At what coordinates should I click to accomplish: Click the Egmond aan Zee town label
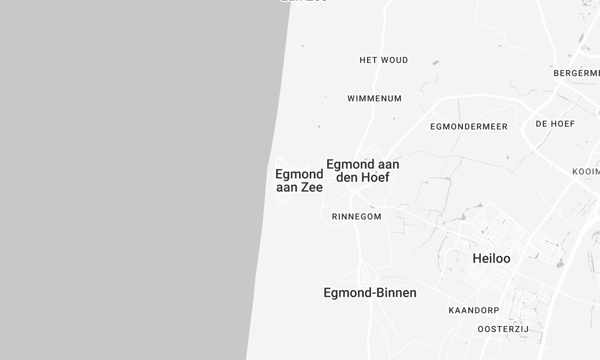[x=298, y=180]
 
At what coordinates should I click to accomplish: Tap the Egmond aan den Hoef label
[x=362, y=171]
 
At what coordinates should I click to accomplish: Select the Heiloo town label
[x=490, y=258]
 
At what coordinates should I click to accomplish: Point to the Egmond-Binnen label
[x=370, y=293]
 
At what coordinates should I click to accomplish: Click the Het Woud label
[x=384, y=60]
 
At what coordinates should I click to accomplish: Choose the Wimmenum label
[x=374, y=99]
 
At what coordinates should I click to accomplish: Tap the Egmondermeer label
[x=468, y=127]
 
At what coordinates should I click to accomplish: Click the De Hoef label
[x=555, y=124]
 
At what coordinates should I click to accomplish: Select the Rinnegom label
[x=356, y=216]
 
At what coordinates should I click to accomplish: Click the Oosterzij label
[x=502, y=329]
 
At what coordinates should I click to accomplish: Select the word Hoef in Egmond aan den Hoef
[x=376, y=178]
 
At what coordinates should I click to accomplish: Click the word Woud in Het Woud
[x=393, y=60]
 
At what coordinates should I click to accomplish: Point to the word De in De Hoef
[x=542, y=124]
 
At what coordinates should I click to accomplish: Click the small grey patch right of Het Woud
[x=435, y=63]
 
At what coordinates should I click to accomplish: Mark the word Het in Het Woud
[x=368, y=60]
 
